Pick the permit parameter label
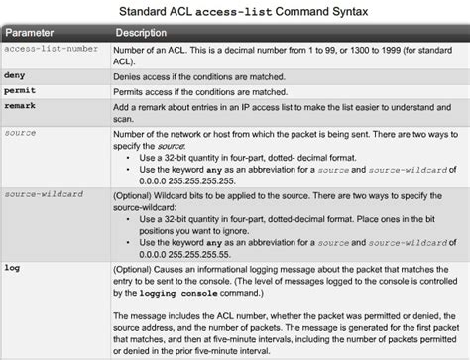tap(20, 89)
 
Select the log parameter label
tap(12, 266)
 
